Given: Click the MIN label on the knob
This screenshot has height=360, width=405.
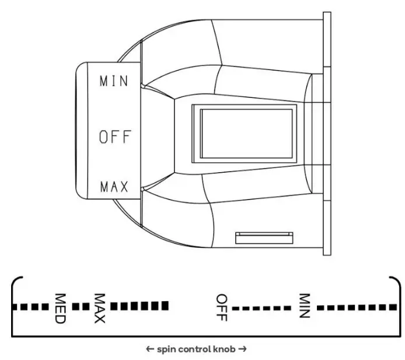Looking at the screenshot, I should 113,81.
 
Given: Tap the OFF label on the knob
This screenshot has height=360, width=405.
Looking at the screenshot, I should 115,137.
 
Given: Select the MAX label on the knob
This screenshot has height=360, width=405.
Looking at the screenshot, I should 114,187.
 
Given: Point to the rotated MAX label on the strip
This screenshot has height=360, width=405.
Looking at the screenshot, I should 99,308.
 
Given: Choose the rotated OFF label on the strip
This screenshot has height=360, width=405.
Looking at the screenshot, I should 221,307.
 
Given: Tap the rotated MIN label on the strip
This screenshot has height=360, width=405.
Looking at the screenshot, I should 303,306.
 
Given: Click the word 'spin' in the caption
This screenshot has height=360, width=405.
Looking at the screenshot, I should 165,349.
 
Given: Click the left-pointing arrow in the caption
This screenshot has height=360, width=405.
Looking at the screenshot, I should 150,349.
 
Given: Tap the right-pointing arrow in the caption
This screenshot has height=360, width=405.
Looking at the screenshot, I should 243,349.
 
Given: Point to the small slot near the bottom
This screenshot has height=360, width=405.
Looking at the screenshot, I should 263,237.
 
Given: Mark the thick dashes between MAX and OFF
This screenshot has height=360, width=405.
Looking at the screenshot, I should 139,305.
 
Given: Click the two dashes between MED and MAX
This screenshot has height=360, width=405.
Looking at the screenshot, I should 80,306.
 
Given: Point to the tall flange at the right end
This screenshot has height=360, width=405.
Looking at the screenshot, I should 327,134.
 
